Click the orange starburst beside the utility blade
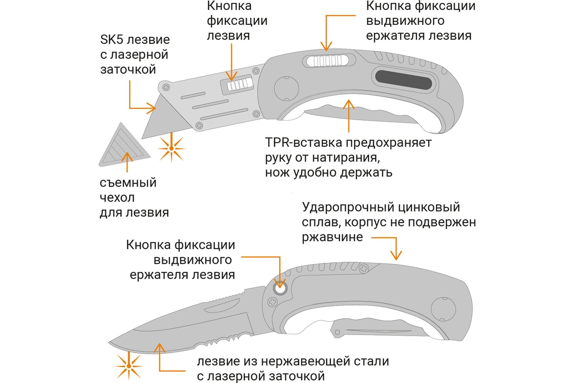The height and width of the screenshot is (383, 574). coord(171,148)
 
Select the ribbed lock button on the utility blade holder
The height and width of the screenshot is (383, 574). coord(236,85)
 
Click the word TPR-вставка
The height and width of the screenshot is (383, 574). coord(305,143)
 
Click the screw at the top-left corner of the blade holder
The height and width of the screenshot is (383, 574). coord(166,87)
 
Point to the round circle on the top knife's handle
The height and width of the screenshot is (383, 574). coord(286,88)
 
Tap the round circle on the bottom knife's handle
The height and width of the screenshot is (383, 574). coord(442,306)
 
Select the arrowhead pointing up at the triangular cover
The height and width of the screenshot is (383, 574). coord(127,156)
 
